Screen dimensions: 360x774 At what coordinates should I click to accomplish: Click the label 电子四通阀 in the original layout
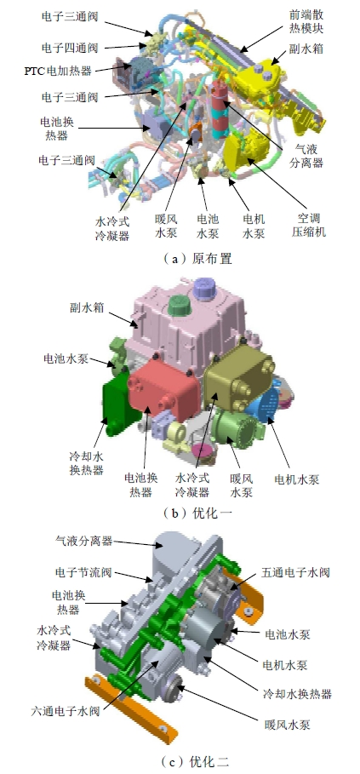[70, 48]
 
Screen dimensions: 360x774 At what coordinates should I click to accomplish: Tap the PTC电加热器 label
[58, 71]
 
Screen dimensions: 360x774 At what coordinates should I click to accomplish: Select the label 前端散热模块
[306, 22]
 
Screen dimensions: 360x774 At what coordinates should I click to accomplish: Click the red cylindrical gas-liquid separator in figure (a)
[220, 112]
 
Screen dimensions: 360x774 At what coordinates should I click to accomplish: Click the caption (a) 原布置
[197, 258]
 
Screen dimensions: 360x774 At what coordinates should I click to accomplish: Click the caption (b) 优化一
[197, 513]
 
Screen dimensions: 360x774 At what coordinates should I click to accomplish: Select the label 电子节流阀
[84, 572]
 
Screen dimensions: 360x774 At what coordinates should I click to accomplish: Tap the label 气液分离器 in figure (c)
[84, 541]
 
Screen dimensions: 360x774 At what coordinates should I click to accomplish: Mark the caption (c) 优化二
[196, 761]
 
